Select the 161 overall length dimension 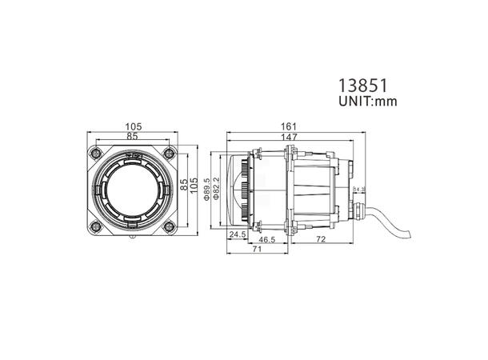coord(290,126)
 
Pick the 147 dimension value coord(290,138)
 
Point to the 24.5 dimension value coord(238,235)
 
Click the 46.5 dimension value coord(267,239)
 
